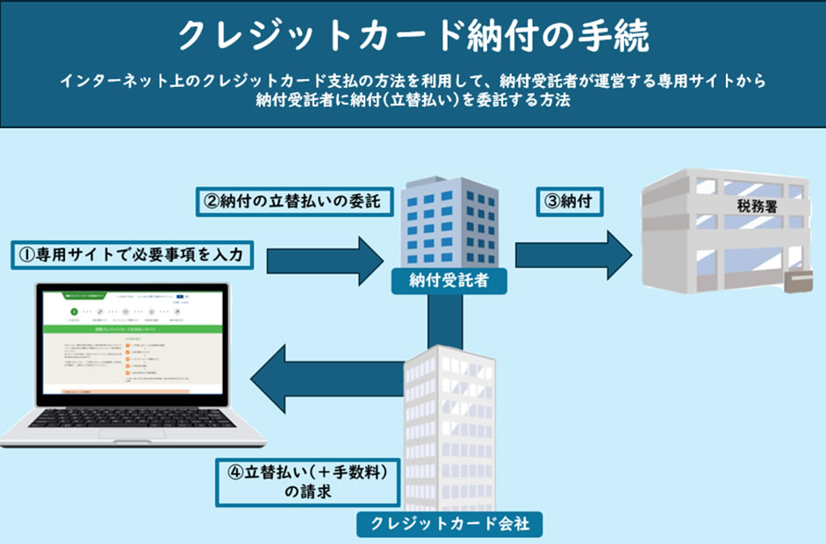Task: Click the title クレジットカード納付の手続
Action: click(x=413, y=37)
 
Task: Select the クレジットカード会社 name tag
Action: click(x=449, y=525)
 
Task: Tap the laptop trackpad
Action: click(x=132, y=436)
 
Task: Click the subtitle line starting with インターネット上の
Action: click(x=413, y=81)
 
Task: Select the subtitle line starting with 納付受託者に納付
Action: click(x=413, y=101)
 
